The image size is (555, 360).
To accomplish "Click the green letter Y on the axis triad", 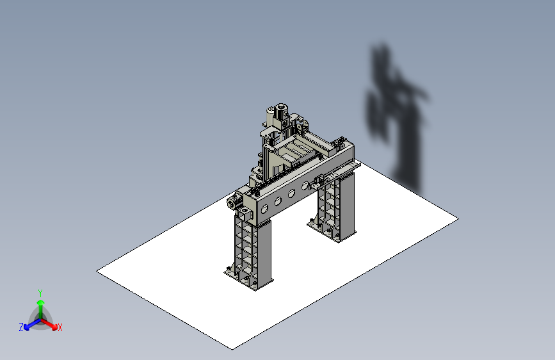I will click(x=40, y=292).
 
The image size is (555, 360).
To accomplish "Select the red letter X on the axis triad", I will click(x=60, y=327).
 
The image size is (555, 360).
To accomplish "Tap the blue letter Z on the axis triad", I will click(x=20, y=327).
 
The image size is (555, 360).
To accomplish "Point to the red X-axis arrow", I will click(x=51, y=323).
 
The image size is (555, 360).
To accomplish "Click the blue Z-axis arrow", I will click(x=29, y=324).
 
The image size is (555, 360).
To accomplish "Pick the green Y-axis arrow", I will click(x=40, y=306).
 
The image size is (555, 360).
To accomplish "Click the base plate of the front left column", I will click(x=247, y=281).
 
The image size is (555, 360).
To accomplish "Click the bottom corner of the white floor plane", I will click(x=232, y=348).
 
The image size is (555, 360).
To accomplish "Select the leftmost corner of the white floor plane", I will click(x=97, y=272).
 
